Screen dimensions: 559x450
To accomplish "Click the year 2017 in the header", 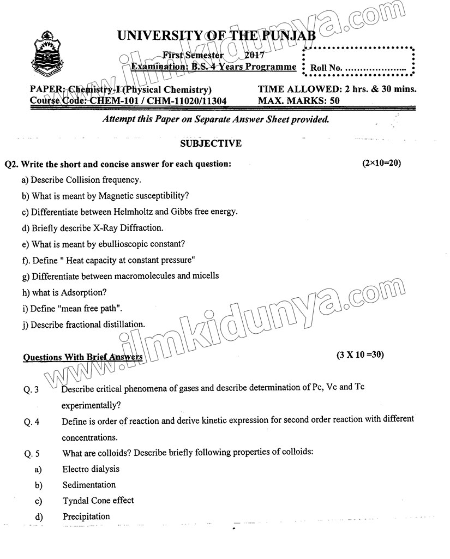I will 255,55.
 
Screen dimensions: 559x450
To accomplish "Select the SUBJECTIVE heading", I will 211,143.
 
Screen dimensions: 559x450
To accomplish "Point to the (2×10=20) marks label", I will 381,163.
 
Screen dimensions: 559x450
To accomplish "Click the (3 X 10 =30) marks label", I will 361,355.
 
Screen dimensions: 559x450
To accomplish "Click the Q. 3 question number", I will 31,390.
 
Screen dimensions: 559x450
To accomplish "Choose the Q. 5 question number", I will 31,453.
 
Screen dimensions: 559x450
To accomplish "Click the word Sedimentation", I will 89,485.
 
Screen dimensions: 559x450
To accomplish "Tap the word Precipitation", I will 86,516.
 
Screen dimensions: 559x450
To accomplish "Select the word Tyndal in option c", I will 75,501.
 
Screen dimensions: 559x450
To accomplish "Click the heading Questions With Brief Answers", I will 83,358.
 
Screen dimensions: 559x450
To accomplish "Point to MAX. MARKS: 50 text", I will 298,100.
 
